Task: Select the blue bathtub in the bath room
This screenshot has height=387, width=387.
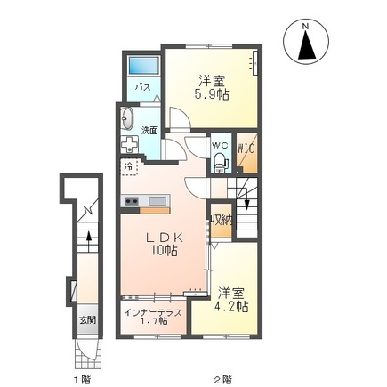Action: [141, 66]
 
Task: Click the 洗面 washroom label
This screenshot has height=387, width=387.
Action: [150, 130]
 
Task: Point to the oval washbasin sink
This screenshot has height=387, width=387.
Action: [125, 119]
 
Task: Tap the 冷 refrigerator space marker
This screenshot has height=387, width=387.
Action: [130, 166]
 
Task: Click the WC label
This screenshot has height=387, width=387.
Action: [220, 145]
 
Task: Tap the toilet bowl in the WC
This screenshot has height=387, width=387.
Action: [221, 162]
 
